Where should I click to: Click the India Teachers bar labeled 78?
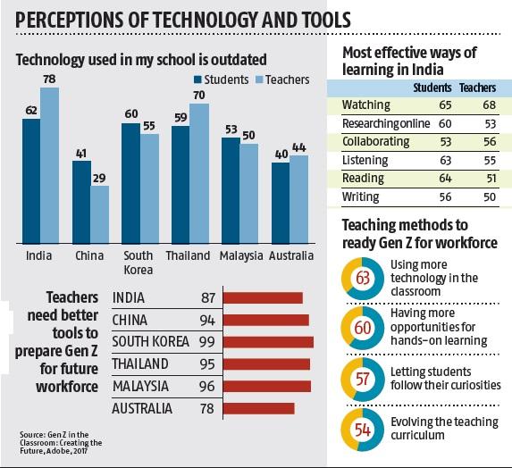[x=49, y=165]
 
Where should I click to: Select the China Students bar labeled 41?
[x=82, y=202]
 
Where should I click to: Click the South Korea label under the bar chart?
[x=138, y=263]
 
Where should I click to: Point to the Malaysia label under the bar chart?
[x=240, y=255]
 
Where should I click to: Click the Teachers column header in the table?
[x=476, y=88]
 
